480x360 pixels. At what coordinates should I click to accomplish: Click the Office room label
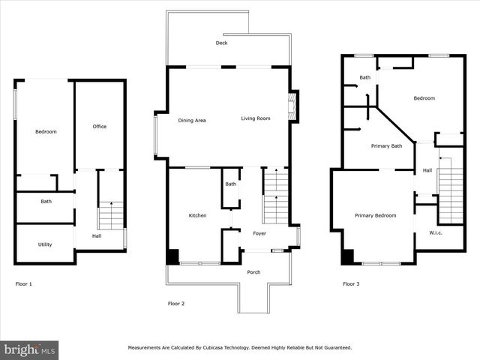point(99,127)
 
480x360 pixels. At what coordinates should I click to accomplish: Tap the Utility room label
point(45,244)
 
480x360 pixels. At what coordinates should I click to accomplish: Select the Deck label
point(221,43)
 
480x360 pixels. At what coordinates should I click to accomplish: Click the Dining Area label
point(192,120)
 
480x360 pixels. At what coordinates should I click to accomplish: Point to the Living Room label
point(255,118)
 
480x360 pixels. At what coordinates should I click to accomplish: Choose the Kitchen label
point(197,216)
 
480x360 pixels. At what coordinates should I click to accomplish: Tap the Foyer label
point(259,234)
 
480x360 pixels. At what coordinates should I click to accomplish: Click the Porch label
point(253,272)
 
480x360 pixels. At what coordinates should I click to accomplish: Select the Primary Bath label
point(386,146)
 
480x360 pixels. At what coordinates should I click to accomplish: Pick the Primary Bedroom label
point(375,216)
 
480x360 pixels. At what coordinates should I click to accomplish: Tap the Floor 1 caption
point(24,284)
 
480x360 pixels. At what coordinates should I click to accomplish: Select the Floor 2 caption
point(176,304)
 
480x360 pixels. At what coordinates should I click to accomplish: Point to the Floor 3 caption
point(351,284)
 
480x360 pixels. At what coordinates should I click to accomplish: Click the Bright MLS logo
point(29,349)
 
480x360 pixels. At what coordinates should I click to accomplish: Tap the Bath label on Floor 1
point(46,201)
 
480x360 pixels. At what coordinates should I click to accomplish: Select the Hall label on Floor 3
point(427,170)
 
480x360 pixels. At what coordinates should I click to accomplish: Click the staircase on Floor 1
point(111,215)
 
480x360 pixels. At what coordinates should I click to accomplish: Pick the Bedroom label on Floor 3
point(424,98)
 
